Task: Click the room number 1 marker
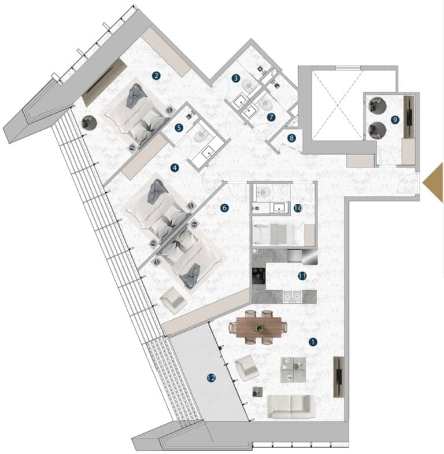[x=313, y=342]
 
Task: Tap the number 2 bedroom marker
[x=156, y=76]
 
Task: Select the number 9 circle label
[x=395, y=119]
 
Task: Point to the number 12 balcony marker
[x=212, y=378]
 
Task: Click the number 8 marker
[x=291, y=138]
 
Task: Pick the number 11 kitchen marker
[x=302, y=276]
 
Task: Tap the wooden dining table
[x=259, y=328]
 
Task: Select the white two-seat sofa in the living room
[x=291, y=407]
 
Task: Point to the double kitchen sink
[x=292, y=296]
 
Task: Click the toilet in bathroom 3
[x=247, y=85]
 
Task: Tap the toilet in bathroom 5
[x=199, y=136]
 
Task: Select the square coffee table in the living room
[x=293, y=369]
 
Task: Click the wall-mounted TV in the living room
[x=339, y=377]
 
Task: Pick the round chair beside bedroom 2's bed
[x=89, y=123]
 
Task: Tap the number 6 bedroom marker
[x=224, y=208]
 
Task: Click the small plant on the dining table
[x=259, y=328]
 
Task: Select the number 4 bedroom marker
[x=175, y=168]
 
